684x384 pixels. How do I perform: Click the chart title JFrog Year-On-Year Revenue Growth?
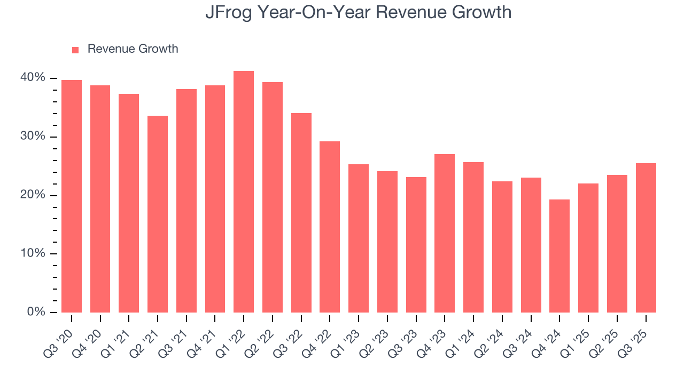click(358, 12)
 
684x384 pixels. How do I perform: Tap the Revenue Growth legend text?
click(133, 49)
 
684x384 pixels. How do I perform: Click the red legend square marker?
click(75, 50)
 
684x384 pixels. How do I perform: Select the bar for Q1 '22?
click(244, 192)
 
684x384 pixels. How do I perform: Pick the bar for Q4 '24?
click(559, 256)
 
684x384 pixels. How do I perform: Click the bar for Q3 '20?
click(72, 196)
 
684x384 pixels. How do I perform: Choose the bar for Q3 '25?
click(646, 238)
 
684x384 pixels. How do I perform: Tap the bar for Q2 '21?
click(158, 213)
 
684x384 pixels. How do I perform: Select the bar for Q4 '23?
click(445, 233)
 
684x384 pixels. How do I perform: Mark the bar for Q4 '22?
click(330, 227)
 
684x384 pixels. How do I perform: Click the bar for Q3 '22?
click(301, 213)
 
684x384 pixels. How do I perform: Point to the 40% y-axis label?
click(33, 78)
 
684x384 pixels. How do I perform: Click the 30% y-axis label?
click(33, 137)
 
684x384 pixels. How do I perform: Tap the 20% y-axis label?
click(33, 195)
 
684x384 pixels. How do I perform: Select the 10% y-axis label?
click(33, 253)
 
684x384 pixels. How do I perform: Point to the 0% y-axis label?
click(36, 312)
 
